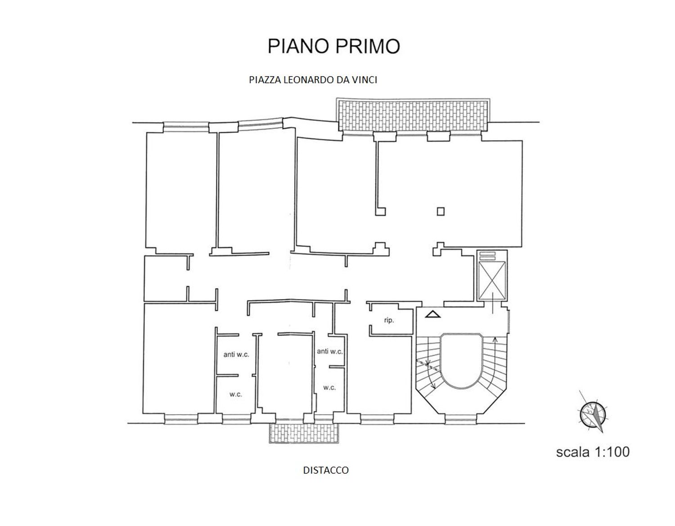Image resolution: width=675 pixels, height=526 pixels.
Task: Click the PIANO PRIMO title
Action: point(333,46)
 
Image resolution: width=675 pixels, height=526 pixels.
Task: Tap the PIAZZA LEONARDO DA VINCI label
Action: point(313,80)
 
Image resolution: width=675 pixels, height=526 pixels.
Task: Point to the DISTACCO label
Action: point(326,470)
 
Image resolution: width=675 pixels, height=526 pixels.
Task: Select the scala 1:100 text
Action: point(593,452)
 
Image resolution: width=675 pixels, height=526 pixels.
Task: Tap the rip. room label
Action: point(389,320)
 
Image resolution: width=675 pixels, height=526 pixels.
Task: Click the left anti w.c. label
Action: point(236,354)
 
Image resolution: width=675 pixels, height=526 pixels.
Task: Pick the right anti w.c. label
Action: point(329,351)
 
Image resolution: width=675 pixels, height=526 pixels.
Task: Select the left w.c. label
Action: point(235,394)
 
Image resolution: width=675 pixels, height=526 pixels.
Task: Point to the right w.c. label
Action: point(329,388)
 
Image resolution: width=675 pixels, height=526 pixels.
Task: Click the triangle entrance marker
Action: point(433,315)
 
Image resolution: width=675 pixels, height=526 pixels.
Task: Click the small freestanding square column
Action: point(441,211)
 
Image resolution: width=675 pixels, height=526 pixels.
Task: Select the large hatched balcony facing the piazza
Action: point(413,115)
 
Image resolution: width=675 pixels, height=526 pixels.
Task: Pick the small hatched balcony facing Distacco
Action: point(304,433)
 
